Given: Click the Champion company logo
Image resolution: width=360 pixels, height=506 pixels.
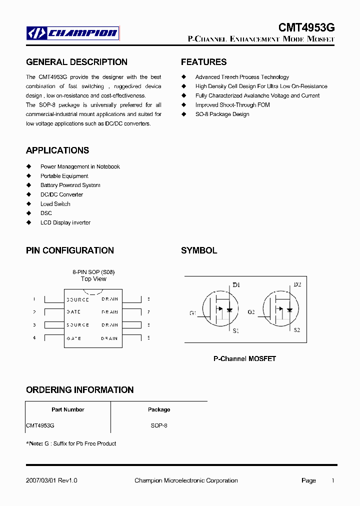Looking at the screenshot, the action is point(73,33).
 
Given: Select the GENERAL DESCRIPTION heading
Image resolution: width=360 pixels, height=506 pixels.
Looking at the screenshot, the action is point(76,62).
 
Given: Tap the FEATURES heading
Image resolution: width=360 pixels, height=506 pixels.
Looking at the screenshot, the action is point(203,62).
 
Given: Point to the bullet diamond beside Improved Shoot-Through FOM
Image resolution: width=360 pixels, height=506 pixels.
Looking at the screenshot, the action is point(183,105).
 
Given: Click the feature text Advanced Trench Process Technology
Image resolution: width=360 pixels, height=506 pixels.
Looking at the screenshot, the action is point(242,77).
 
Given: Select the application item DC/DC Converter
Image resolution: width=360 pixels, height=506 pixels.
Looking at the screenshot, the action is point(61,194).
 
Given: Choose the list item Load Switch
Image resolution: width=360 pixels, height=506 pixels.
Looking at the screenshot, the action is point(55,204).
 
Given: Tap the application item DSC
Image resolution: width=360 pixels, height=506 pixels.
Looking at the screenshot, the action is point(46,213).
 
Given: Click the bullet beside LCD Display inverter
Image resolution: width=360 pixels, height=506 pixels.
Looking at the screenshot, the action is point(28,222).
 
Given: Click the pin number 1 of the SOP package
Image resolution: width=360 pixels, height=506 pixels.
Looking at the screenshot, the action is point(34,299).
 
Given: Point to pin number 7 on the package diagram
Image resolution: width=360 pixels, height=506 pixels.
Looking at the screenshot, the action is point(148,312).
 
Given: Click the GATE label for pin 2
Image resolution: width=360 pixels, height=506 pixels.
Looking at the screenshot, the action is point(73,312).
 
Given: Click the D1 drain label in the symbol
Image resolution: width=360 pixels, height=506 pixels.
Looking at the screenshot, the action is point(236,285).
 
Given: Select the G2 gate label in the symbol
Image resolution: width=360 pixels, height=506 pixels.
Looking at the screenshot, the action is point(251,312).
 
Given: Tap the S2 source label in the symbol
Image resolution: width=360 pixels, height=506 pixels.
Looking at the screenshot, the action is point(296,330).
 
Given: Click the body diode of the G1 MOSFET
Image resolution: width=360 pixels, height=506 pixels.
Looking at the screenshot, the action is point(229,309).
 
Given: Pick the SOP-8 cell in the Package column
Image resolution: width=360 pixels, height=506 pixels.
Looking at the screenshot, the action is point(159,425).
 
